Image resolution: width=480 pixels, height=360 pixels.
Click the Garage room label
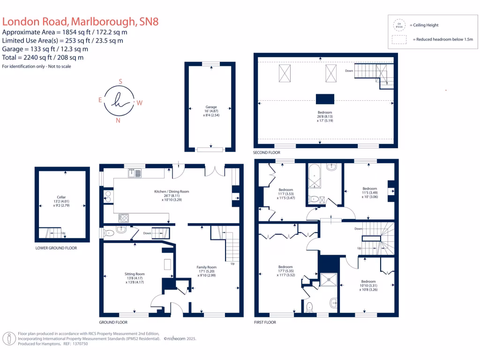point(211,107)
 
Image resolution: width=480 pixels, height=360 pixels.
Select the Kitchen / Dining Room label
point(172,192)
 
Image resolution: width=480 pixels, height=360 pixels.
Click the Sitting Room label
point(135,274)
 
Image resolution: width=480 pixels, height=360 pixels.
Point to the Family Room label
point(206,267)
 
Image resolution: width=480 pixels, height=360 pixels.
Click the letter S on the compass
point(120,82)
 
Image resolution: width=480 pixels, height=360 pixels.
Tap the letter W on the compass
point(140,102)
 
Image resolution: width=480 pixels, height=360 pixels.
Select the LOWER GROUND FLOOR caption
point(56,248)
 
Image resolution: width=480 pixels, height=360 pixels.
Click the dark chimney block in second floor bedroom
point(325,99)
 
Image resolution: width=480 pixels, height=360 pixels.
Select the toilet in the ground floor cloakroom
point(109,231)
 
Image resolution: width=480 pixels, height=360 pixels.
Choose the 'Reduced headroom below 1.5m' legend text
point(444,40)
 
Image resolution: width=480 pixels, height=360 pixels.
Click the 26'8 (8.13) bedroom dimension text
point(324,117)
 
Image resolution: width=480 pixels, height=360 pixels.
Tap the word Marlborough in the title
point(104,21)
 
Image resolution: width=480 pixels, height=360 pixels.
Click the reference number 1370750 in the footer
point(79,344)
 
